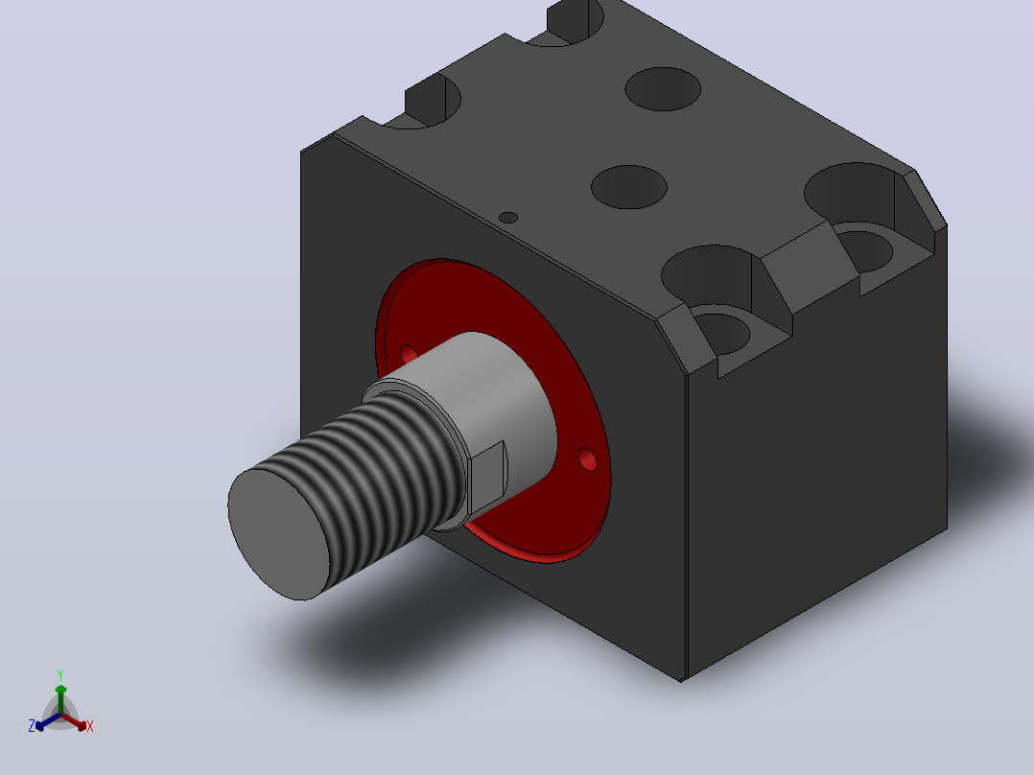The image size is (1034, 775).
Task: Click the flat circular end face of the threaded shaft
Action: [278, 534]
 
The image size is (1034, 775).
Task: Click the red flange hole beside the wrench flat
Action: [587, 459]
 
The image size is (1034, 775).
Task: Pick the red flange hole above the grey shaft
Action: [409, 354]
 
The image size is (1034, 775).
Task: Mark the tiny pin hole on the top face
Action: [508, 217]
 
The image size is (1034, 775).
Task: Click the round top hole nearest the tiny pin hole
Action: [629, 187]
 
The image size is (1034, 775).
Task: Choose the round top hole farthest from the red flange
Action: [663, 88]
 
